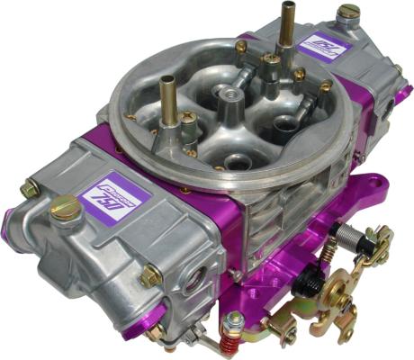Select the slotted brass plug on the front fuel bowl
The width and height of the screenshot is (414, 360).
pyautogui.click(x=65, y=209)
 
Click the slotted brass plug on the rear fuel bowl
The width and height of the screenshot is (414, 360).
pyautogui.click(x=347, y=13)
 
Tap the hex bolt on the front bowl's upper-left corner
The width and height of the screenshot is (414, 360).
pyautogui.click(x=30, y=188)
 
